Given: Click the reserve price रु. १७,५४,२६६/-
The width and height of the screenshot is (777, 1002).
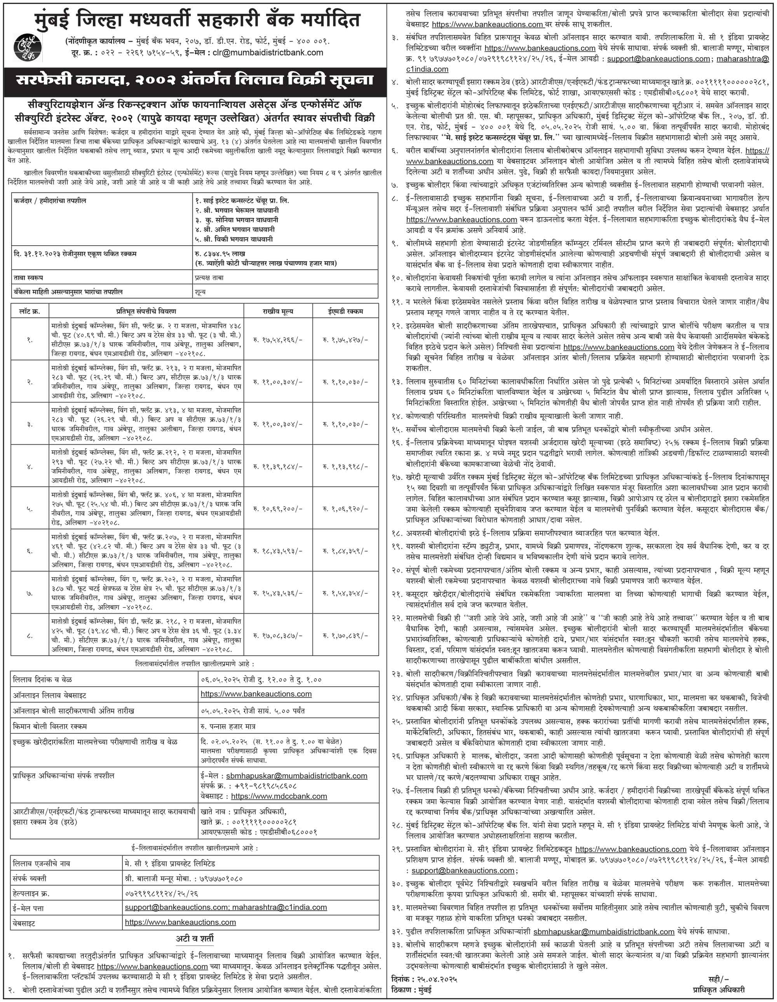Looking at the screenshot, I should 278,340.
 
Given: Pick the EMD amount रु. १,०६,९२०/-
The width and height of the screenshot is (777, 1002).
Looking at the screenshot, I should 345,509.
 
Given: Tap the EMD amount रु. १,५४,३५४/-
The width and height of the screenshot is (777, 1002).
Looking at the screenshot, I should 345,593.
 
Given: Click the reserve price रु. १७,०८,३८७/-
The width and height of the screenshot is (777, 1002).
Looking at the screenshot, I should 278,636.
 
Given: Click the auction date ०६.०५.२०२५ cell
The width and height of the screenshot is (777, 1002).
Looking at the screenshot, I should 261,679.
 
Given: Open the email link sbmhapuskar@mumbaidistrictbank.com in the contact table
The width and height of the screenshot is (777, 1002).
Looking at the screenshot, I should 297,776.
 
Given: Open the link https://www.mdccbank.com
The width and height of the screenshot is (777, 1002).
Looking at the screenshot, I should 279,796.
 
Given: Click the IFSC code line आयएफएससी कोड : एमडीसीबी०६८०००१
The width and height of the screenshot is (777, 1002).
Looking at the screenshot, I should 259,832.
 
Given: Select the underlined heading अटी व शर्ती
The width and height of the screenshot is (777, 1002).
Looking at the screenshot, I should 195,938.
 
